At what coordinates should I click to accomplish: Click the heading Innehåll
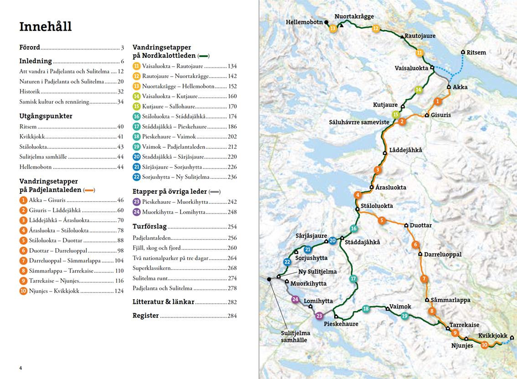coord(45,26)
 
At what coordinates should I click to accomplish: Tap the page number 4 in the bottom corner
coord(21,368)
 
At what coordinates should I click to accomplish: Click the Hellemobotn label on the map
coord(304,22)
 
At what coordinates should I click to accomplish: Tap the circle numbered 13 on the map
coord(333,29)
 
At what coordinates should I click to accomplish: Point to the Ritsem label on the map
coord(476,52)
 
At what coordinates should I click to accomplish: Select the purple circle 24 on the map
coord(295,299)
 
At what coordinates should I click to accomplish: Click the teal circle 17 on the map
coord(353,279)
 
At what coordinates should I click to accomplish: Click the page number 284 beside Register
coord(232,316)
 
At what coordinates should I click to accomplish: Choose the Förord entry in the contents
coord(30,47)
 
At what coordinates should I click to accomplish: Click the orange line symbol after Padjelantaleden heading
coord(89,190)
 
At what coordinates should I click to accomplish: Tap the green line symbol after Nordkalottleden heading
coord(203,56)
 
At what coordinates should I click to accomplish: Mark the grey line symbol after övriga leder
coord(215,192)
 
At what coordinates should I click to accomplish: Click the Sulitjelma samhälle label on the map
coord(295,337)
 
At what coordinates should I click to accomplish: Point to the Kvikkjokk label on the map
coord(492,336)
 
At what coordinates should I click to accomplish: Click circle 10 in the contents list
coord(23,291)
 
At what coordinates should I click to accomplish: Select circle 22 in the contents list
coord(136,177)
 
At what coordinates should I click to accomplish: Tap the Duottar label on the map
coord(420,225)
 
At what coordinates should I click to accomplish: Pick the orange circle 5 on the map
coord(382,221)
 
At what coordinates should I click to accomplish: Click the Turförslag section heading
coord(150,227)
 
